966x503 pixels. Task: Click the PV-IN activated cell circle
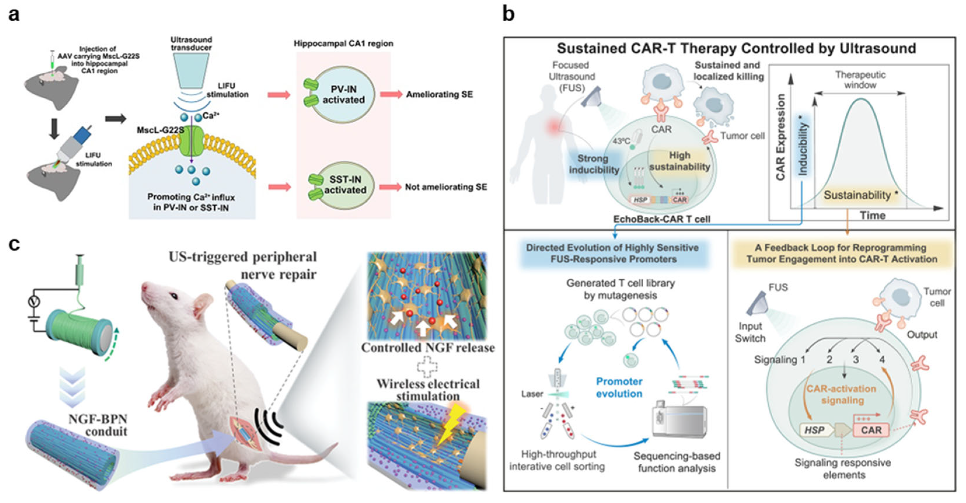(343, 95)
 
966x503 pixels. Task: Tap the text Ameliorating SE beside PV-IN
(439, 95)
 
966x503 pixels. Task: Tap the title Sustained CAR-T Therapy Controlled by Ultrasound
(736, 48)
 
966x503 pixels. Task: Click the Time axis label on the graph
(873, 216)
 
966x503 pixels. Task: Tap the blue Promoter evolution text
(619, 387)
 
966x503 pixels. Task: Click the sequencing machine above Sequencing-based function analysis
(679, 419)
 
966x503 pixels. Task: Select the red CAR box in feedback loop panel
(871, 429)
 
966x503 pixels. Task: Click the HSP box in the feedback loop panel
(815, 430)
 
